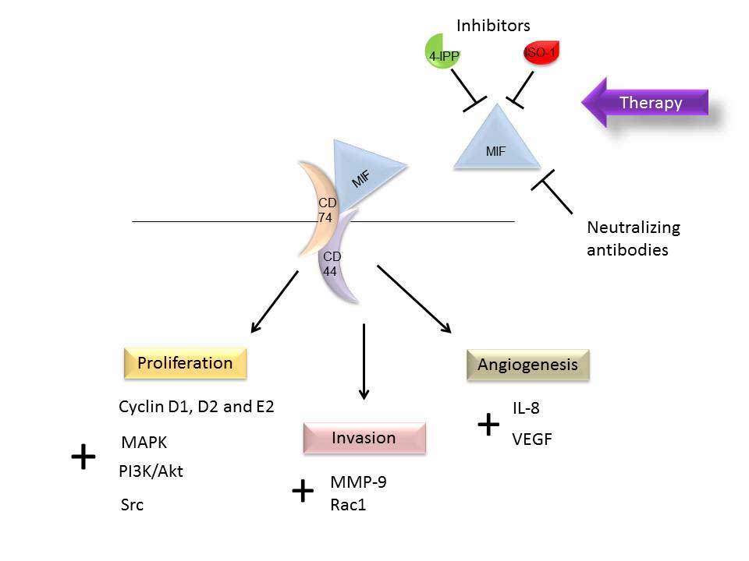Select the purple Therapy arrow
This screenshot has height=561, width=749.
[x=646, y=103]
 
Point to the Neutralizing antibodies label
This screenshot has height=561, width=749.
[x=632, y=238]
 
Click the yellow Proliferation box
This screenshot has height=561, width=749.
[x=185, y=363]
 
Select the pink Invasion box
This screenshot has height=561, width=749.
[x=364, y=438]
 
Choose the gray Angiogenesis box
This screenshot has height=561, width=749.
[x=527, y=365]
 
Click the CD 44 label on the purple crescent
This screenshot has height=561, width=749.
[x=332, y=264]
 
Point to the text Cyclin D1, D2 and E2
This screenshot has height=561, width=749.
[x=196, y=406]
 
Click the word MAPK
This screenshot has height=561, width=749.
[x=144, y=443]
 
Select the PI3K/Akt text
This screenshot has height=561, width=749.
[x=151, y=471]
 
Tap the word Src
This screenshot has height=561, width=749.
[x=133, y=505]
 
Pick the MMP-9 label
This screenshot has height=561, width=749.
[x=357, y=482]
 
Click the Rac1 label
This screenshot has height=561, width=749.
[x=348, y=505]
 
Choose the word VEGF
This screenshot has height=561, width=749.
[x=531, y=439]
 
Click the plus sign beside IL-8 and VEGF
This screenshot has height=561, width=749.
[x=488, y=425]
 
